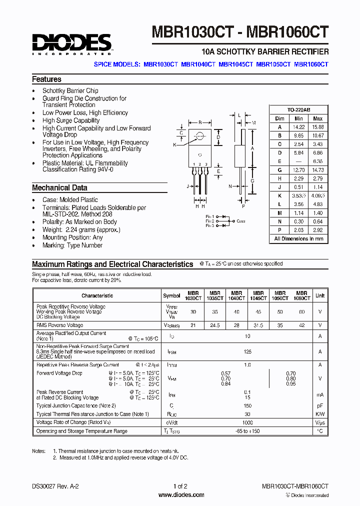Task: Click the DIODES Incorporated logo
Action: (x=72, y=44)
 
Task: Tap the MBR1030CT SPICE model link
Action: (x=160, y=64)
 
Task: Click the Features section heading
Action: (x=46, y=79)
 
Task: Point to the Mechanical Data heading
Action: (x=59, y=188)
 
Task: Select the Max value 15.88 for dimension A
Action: (x=317, y=127)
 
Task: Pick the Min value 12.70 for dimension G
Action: (x=298, y=170)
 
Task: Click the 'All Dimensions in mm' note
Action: (x=299, y=239)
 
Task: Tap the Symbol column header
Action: (x=171, y=295)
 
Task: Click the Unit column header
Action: (x=319, y=295)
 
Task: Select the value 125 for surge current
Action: (x=247, y=352)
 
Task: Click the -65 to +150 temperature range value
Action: (x=247, y=431)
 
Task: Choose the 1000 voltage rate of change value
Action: (x=247, y=422)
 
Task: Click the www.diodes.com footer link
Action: (x=180, y=495)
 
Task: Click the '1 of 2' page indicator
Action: (x=180, y=486)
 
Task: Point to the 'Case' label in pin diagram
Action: (x=241, y=221)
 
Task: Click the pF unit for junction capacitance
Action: (x=319, y=405)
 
